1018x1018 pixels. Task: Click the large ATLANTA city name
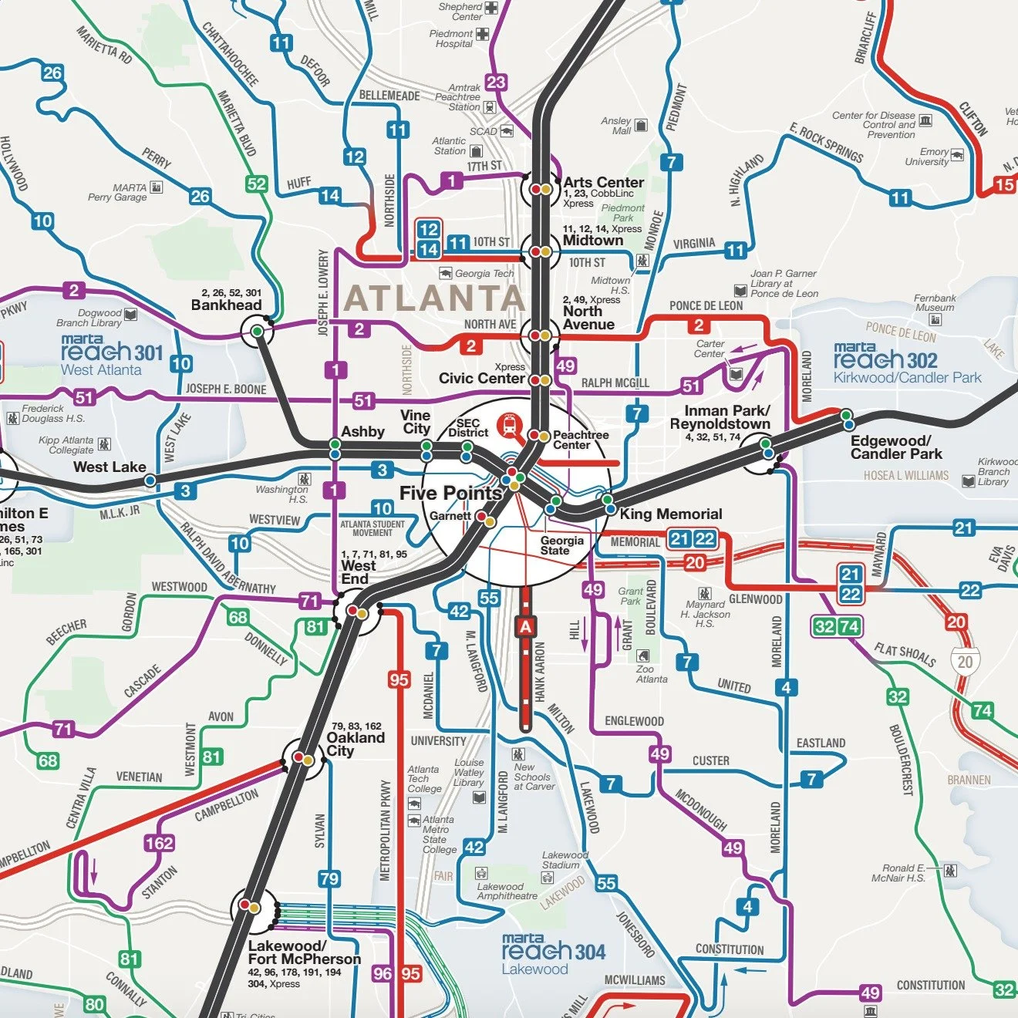[434, 298]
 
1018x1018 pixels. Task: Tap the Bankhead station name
[226, 305]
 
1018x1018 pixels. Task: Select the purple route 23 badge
[496, 83]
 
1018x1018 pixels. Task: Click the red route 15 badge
[1004, 184]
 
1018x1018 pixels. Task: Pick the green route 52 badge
[256, 184]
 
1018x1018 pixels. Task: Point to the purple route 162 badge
[159, 843]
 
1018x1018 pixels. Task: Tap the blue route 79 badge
[329, 878]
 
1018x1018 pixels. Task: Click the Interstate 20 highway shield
[965, 661]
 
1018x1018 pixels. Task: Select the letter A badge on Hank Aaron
[525, 627]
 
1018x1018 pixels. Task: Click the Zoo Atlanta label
[651, 674]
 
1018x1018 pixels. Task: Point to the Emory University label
[927, 157]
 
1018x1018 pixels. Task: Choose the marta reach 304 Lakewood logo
[552, 954]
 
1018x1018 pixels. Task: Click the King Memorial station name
[670, 514]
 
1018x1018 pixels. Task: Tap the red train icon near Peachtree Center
[509, 424]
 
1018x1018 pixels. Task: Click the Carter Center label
[710, 349]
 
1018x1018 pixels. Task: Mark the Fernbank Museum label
[934, 302]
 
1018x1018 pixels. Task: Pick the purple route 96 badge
[383, 973]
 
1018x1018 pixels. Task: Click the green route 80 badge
[94, 1004]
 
